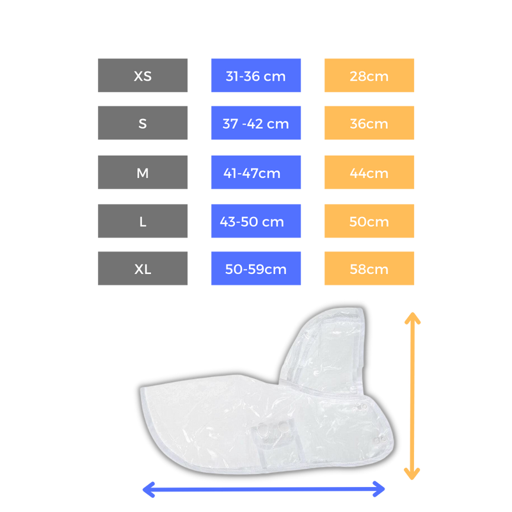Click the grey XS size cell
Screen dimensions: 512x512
coord(143,76)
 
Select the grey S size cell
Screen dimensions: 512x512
coord(143,123)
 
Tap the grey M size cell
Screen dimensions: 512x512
coord(143,172)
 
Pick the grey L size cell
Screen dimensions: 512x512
coord(143,221)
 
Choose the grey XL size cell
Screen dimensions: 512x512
coord(143,268)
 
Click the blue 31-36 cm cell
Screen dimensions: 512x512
coord(256,76)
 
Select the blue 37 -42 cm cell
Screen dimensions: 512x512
coord(256,123)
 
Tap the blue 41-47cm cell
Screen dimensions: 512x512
coord(256,172)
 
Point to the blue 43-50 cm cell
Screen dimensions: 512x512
coord(256,221)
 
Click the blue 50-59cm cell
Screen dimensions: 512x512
coord(256,268)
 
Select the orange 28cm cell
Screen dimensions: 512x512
coord(369,76)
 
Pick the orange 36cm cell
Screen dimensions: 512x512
coord(369,123)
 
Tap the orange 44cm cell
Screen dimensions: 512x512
coord(369,172)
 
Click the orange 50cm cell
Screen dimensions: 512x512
coord(369,221)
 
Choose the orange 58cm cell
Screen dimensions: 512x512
coord(369,268)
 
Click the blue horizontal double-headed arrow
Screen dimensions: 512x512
coord(264,490)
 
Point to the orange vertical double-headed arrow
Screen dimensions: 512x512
coord(412,397)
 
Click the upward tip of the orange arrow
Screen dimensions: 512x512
coord(412,313)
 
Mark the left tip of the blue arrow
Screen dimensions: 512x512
coord(143,490)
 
